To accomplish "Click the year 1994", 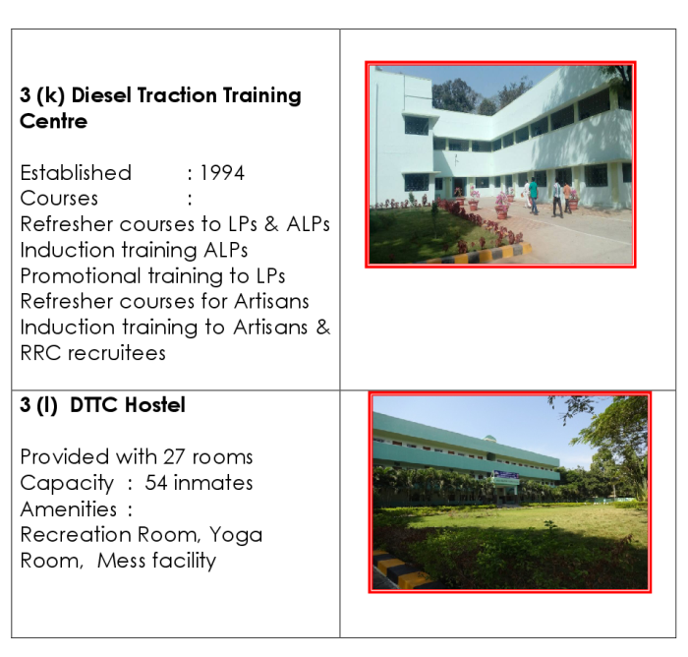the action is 222,173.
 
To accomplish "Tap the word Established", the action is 76,173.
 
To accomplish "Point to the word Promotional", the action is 81,276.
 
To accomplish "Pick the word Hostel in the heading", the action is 155,405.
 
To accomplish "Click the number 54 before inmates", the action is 155,483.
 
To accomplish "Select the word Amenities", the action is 69,509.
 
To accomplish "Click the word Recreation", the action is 76,535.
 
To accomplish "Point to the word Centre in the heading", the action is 53,121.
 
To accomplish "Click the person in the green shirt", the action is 534,196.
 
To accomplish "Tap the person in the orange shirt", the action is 567,197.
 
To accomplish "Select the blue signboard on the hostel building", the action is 506,475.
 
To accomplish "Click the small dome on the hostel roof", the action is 489,438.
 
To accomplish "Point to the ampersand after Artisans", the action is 322,328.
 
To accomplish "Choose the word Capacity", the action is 67,484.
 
